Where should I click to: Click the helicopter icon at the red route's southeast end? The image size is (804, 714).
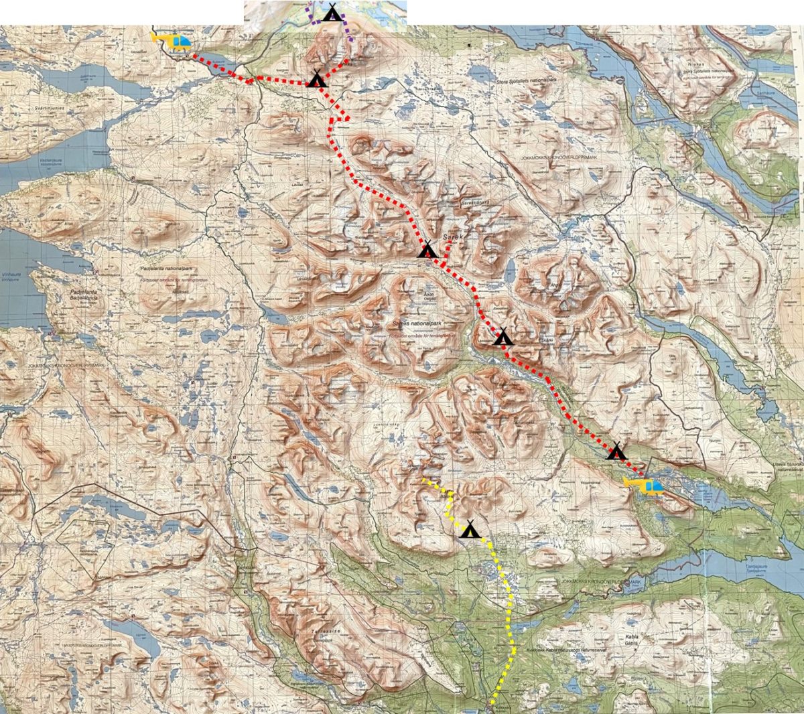pos(643,486)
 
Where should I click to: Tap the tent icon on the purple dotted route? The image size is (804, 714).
pos(331,12)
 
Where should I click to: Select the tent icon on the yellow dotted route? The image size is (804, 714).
pos(470,530)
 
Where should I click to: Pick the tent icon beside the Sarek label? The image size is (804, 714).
pos(427,250)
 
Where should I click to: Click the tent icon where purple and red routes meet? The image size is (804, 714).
pos(317,79)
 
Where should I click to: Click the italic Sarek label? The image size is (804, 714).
pos(452,237)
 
